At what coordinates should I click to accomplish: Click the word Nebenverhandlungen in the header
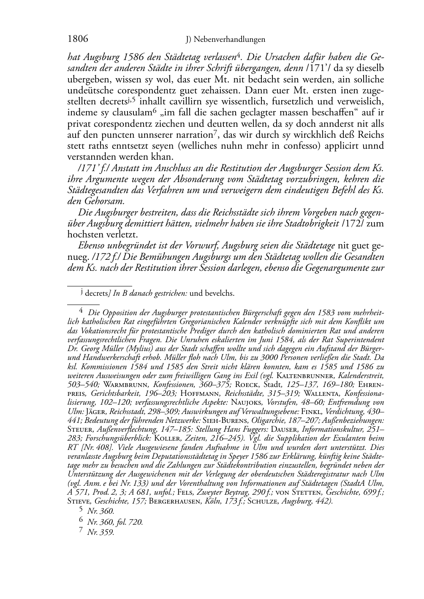click(231, 40)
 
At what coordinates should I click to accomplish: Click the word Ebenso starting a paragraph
click(92, 246)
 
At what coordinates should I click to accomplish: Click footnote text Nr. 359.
click(101, 533)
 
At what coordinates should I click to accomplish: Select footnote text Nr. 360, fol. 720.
click(115, 522)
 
